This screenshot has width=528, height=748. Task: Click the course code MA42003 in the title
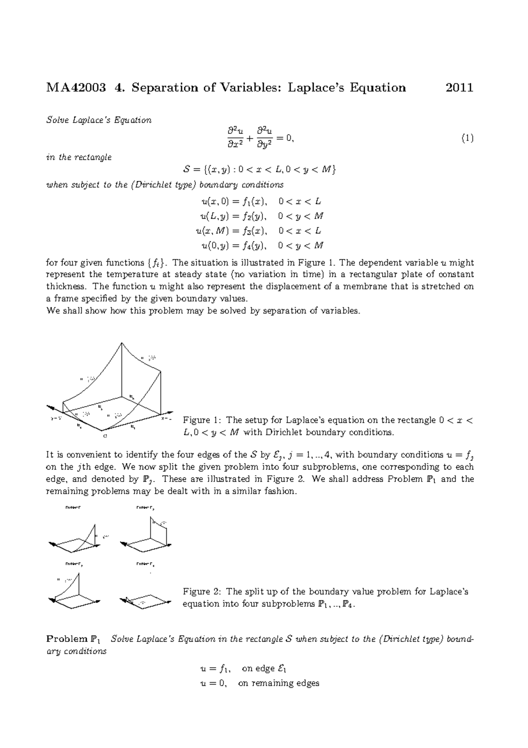76,88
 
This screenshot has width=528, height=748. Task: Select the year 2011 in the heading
459,88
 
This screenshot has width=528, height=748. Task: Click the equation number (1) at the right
467,139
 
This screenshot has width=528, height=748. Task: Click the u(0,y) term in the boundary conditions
213,245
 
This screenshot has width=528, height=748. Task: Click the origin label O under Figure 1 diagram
105,436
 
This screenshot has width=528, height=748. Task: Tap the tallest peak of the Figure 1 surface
121,343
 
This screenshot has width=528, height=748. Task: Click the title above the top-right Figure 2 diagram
145,508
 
